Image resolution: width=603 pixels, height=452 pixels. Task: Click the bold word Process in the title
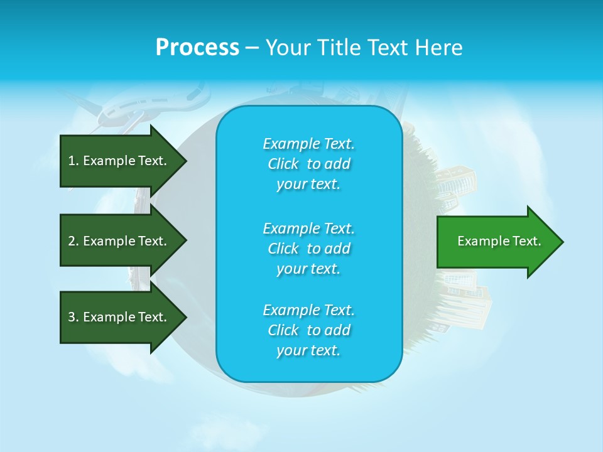[197, 47]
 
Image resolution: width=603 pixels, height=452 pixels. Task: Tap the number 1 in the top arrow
[72, 161]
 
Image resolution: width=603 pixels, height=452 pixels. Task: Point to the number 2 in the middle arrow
[72, 241]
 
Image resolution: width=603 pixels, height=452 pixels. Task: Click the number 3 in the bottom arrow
[72, 317]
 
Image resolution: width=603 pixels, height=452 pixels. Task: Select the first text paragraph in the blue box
[308, 164]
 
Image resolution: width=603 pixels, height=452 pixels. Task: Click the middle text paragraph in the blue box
[308, 248]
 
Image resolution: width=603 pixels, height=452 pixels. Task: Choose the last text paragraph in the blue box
[308, 330]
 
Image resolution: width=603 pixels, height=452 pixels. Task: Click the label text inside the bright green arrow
[499, 241]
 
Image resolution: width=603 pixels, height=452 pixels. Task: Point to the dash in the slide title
[252, 48]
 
